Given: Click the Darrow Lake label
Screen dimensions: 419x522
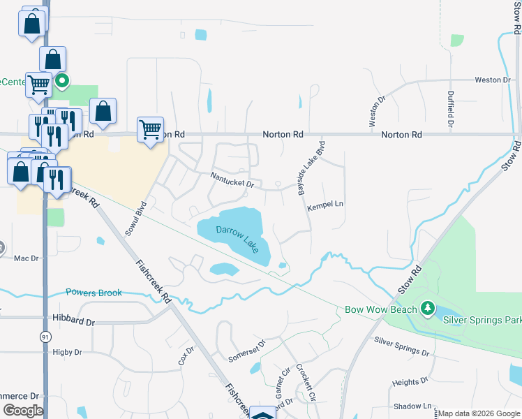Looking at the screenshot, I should click(x=237, y=237).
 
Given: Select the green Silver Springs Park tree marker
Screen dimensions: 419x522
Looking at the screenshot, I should click(x=427, y=308).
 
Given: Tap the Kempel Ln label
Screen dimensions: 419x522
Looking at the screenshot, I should click(x=326, y=204).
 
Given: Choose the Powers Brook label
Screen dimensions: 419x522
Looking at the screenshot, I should click(x=94, y=293).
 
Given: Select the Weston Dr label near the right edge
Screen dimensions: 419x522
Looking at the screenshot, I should click(x=493, y=80).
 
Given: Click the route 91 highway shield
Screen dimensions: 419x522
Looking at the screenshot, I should click(x=45, y=337).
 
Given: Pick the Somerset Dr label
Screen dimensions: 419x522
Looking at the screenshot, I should click(x=247, y=352).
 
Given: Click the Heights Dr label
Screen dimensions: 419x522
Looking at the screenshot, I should click(x=410, y=382).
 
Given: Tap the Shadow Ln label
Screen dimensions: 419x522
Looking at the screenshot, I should click(x=412, y=406).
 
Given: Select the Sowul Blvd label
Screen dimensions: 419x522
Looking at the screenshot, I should click(x=136, y=219).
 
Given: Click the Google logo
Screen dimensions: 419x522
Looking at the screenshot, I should click(x=23, y=410).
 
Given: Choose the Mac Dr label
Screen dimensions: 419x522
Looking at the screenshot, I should click(x=26, y=258).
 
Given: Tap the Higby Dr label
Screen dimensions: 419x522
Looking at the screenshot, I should click(x=67, y=353).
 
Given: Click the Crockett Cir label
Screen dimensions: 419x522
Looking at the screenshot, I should click(x=306, y=381).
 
